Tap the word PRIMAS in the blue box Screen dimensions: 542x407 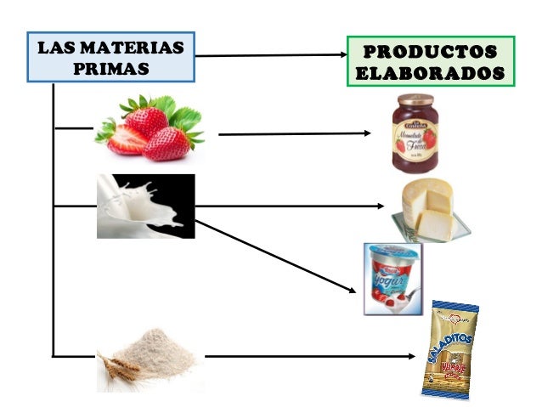pyautogui.click(x=111, y=68)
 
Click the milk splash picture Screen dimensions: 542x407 pyautogui.click(x=145, y=206)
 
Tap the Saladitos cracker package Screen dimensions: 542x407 pyautogui.click(x=449, y=349)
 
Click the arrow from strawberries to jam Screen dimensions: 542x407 pyautogui.click(x=293, y=134)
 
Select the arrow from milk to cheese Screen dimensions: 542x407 pyautogui.click(x=289, y=206)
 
